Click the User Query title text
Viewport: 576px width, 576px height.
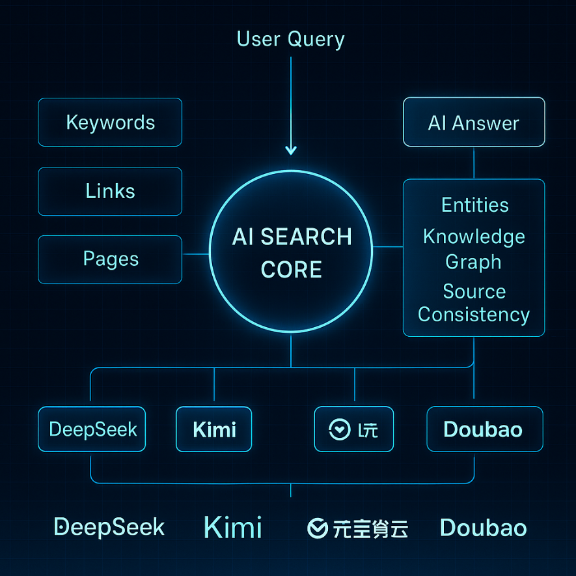[x=290, y=39]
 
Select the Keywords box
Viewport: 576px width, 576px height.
[x=110, y=122]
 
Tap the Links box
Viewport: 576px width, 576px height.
[x=110, y=192]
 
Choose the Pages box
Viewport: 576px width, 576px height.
[x=110, y=259]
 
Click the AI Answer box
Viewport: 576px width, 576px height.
[x=474, y=122]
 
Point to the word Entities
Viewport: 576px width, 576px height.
[x=474, y=205]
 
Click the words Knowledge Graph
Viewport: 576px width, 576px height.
[x=474, y=249]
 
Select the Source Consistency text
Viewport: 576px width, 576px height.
[x=474, y=303]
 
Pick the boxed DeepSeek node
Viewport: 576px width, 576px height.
[x=92, y=429]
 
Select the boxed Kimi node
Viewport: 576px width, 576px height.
[x=214, y=429]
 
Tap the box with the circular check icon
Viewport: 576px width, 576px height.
[x=353, y=429]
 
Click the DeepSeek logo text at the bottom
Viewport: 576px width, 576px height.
[x=109, y=527]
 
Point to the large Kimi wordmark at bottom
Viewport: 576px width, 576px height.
[x=232, y=527]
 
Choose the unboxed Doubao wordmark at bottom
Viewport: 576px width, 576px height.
[x=483, y=527]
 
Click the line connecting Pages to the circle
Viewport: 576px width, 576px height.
[x=195, y=253]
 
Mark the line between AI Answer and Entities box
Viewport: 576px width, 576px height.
[x=474, y=163]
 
